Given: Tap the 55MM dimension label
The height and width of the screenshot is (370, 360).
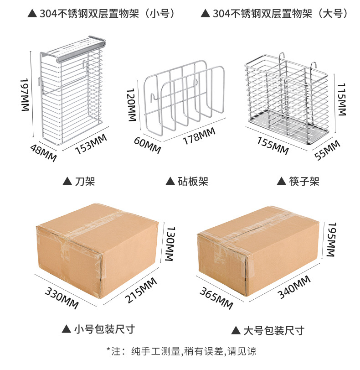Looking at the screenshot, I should point(327,150).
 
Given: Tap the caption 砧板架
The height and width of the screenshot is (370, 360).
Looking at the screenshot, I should point(187,181).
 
